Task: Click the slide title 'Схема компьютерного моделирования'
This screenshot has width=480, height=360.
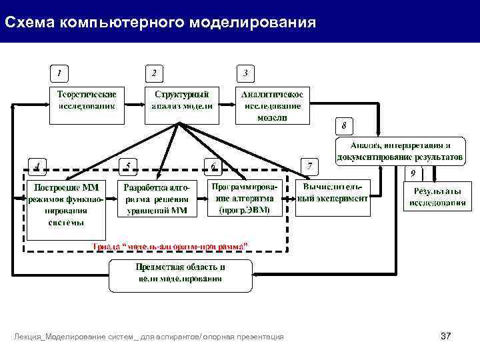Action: (x=160, y=23)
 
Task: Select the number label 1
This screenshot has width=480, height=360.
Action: (x=61, y=72)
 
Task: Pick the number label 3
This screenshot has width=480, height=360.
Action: (x=246, y=72)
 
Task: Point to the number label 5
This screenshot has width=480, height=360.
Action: (x=128, y=165)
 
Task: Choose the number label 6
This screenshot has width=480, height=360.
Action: (x=213, y=165)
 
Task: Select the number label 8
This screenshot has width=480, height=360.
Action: (x=344, y=126)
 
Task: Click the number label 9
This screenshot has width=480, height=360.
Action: (x=413, y=173)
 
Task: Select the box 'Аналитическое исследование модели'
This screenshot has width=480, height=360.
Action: (x=273, y=105)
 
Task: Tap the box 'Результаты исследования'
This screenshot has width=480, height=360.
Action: (x=437, y=196)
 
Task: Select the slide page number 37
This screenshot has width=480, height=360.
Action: (x=446, y=337)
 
